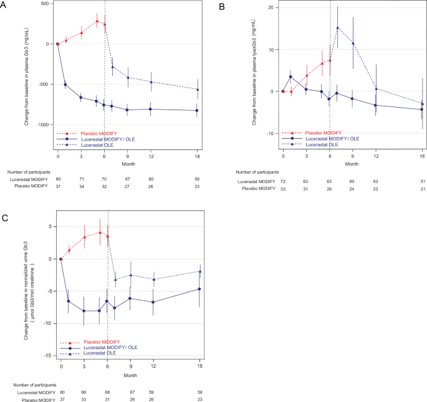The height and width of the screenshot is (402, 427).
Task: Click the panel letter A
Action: (5, 5)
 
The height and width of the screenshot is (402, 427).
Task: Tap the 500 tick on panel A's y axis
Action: (42, 4)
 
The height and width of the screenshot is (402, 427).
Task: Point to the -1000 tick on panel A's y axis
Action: (40, 124)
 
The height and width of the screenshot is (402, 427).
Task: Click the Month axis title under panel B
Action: (352, 165)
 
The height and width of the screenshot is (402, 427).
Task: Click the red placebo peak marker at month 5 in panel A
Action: (97, 21)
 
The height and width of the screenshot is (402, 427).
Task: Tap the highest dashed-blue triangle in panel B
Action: (337, 27)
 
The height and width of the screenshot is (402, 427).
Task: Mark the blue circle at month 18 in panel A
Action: (198, 111)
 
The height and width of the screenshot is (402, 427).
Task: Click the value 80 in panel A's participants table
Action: (58, 177)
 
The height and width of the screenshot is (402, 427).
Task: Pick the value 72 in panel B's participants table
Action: (282, 180)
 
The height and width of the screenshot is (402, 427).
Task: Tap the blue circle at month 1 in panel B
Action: (290, 77)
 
